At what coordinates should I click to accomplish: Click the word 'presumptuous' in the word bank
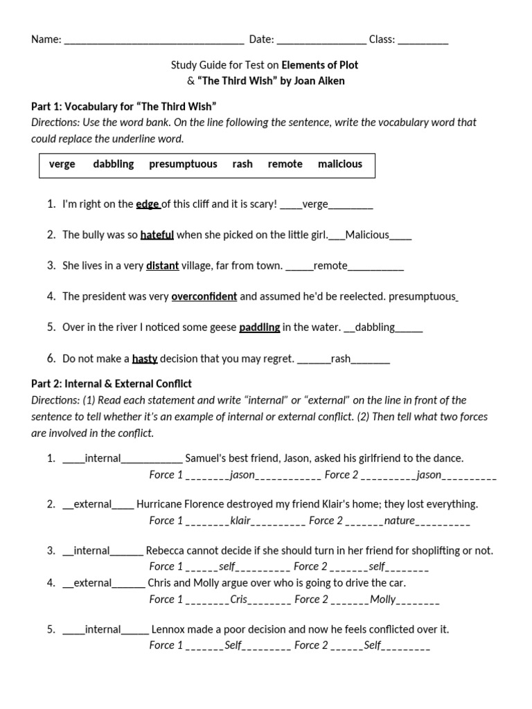coord(183,164)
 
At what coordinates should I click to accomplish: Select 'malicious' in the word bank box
coord(339,164)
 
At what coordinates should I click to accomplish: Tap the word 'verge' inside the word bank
coord(62,164)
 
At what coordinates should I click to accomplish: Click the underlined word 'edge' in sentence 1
coord(148,204)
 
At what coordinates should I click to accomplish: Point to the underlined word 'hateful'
coord(157,235)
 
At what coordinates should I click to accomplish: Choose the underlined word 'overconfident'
coord(204,296)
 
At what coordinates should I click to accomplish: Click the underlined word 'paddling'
coord(260,327)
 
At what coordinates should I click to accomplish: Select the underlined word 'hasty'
coord(145,359)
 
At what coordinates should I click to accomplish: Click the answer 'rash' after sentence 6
coord(341,359)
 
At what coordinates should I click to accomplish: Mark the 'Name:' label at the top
coord(46,40)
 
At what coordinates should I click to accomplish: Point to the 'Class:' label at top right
coord(382,40)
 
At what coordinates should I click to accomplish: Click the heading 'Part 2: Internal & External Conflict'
coord(112,384)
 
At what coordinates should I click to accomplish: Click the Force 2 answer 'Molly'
coord(383,600)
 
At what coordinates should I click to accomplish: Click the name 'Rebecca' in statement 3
coord(166,551)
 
